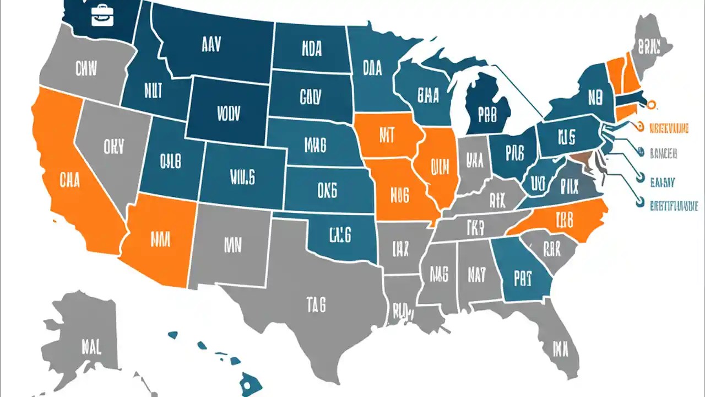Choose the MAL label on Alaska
[x=90, y=347]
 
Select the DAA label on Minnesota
[x=373, y=68]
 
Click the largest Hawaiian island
[x=251, y=380]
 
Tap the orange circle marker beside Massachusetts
[x=653, y=103]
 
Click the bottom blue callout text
[x=673, y=206]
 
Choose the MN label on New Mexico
[x=233, y=245]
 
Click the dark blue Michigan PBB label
[x=487, y=115]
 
